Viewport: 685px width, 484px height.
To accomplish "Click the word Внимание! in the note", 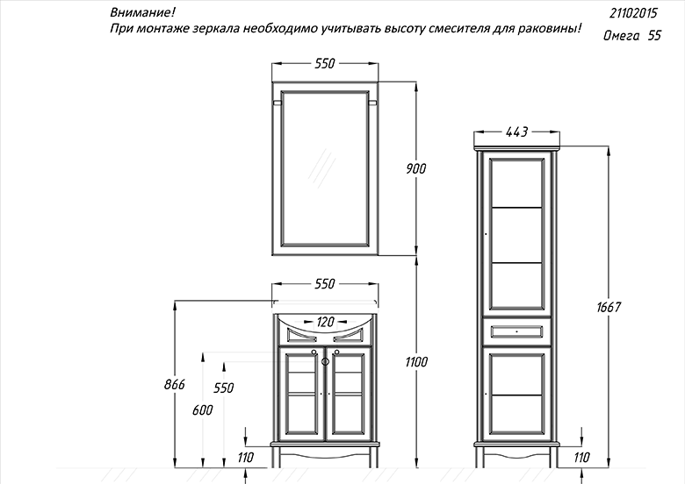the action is coord(142,12).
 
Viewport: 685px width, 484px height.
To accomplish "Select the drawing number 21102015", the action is coord(633,13).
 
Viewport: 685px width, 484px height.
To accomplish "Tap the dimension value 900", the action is coord(415,168).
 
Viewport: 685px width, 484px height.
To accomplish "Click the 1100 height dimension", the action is coord(416,362).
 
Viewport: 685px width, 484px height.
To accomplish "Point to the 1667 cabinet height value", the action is coord(609,308).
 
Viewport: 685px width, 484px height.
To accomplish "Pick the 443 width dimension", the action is coord(516,132).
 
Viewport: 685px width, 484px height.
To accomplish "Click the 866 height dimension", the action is coord(174,385).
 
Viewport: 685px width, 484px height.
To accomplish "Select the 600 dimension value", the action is coord(203,409).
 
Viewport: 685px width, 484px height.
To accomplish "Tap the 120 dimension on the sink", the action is coord(325,323).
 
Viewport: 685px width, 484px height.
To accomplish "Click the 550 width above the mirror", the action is coord(325,64).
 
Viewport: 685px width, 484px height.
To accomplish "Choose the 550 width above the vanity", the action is coord(325,284).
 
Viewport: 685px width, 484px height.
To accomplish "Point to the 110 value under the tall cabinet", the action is coord(581,458).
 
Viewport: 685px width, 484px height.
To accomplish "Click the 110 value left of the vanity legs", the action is coord(246,458).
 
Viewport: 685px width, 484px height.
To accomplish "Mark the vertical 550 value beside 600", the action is coord(224,388).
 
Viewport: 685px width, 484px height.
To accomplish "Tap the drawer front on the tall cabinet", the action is coord(516,331).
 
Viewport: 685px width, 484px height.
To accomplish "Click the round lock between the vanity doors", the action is coord(325,361).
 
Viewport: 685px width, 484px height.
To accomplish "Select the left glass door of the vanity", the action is coord(302,394).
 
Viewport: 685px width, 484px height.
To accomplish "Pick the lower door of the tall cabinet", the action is coord(516,394).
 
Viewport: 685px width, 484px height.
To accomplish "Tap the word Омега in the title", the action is coord(621,36).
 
